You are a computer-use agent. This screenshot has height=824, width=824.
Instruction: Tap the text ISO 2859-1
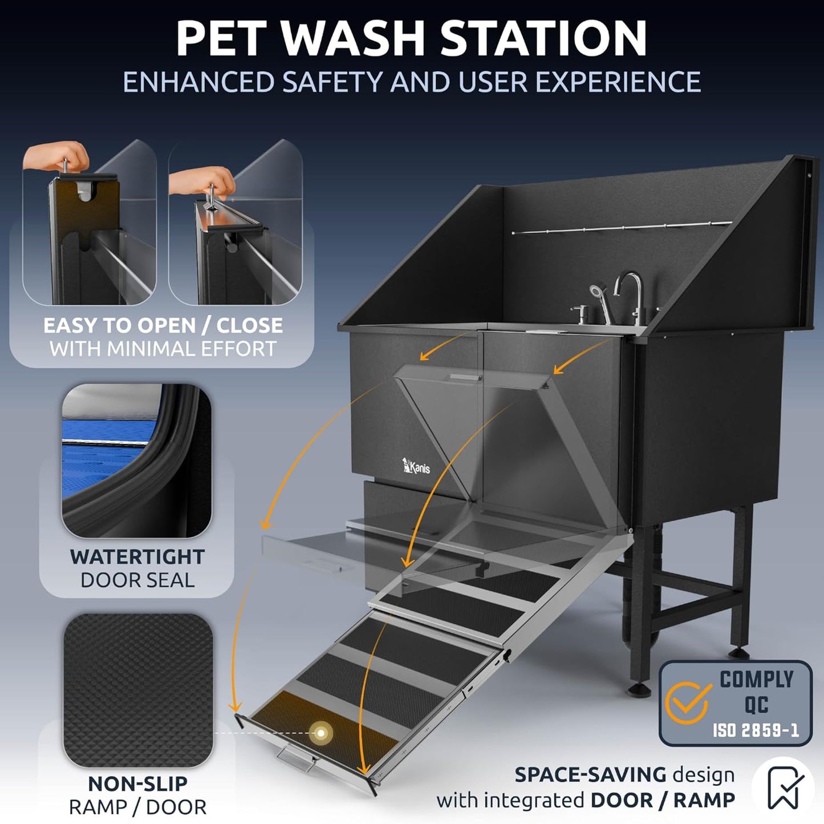coord(756,730)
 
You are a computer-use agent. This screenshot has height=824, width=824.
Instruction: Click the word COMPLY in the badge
coord(756,680)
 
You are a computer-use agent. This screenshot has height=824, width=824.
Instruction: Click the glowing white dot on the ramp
coord(321,733)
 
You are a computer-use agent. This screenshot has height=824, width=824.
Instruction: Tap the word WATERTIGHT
coord(137,556)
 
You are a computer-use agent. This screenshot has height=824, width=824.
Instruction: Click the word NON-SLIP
coord(137,783)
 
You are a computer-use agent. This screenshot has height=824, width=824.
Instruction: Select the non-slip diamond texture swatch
coord(137,690)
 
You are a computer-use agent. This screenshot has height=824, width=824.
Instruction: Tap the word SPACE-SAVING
coord(590,774)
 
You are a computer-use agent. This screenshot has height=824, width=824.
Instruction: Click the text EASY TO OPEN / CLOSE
coord(163,325)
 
